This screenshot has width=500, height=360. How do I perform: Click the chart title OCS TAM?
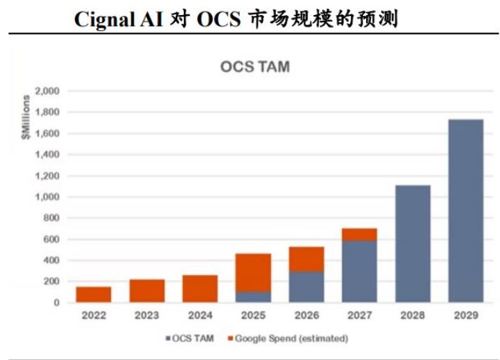click(254, 68)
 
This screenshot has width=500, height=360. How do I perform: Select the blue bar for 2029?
click(465, 210)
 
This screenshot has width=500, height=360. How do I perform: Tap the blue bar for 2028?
click(413, 243)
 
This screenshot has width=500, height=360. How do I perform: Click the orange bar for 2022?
click(94, 294)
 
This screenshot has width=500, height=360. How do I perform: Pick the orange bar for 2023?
click(147, 291)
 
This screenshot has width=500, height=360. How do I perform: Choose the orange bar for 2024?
click(200, 289)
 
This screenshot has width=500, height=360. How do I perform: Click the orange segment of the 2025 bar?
click(253, 273)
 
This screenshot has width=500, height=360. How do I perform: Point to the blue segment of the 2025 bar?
click(253, 297)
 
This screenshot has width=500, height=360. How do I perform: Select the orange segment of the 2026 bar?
click(306, 259)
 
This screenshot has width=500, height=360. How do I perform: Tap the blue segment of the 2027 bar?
click(360, 271)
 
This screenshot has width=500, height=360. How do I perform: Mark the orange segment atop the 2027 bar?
click(360, 235)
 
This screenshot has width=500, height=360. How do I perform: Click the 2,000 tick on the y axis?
click(48, 91)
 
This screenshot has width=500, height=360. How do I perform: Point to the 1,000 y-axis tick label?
click(48, 197)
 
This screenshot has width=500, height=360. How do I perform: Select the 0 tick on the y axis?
click(55, 302)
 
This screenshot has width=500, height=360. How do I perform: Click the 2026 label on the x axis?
click(306, 315)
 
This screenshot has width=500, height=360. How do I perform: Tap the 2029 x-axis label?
click(465, 315)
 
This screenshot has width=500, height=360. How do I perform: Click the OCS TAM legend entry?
click(189, 338)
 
